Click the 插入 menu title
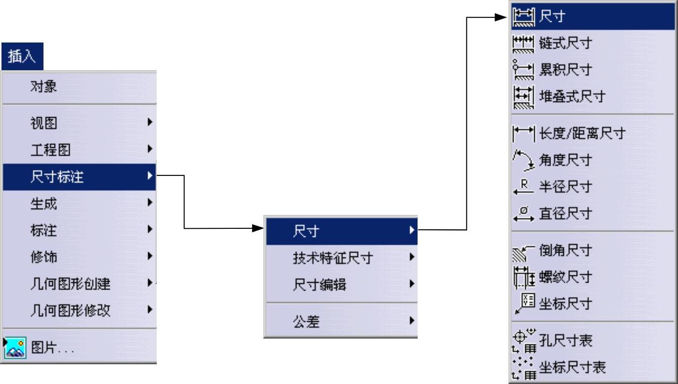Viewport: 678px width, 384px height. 22,57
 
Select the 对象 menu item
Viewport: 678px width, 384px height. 43,87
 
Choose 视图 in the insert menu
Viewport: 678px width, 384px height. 43,124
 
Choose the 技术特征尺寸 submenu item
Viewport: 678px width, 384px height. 333,258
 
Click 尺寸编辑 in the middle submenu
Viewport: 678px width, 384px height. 319,285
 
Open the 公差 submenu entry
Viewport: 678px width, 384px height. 306,322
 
